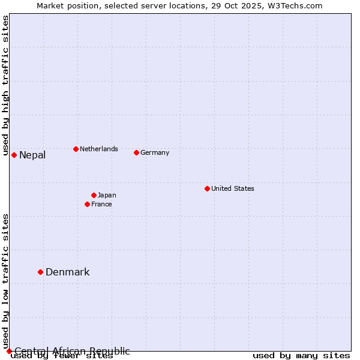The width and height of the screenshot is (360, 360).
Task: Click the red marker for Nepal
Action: (x=14, y=155)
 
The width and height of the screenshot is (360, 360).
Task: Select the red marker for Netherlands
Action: (x=76, y=149)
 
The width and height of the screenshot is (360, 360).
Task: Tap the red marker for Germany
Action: (x=136, y=152)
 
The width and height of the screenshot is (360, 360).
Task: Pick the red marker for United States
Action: (x=207, y=188)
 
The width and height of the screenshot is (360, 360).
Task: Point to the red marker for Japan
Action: (x=94, y=195)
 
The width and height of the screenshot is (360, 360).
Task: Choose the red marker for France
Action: (x=87, y=204)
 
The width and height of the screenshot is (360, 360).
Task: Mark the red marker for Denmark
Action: (x=40, y=272)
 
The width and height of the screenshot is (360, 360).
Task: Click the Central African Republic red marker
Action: (x=9, y=351)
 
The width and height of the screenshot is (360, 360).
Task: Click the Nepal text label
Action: (x=32, y=155)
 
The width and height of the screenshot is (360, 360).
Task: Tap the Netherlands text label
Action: (x=99, y=149)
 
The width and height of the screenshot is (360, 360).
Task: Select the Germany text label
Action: (x=155, y=152)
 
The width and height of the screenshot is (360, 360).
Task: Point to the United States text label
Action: (x=233, y=188)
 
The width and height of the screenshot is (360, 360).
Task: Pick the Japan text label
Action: (x=107, y=195)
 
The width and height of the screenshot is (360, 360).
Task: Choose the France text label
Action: (x=101, y=204)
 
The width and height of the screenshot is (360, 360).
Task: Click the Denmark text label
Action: (x=68, y=272)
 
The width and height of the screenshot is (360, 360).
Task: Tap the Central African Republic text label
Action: (x=72, y=351)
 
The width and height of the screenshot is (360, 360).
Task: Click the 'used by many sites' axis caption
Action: (x=301, y=356)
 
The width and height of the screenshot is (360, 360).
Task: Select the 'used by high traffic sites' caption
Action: (x=5, y=86)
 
